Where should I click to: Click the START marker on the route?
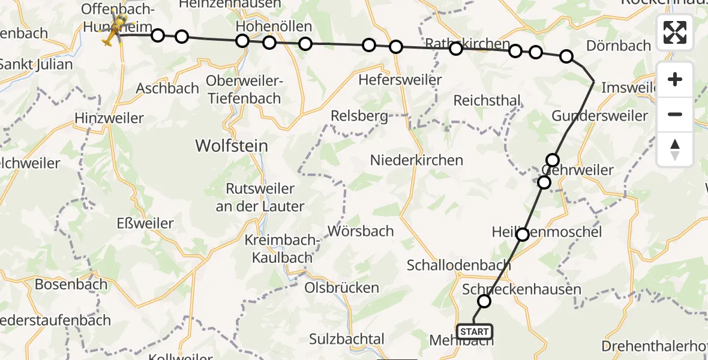pos(474,331)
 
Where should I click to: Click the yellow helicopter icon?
pos(110,35)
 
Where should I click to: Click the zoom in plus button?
pos(675,80)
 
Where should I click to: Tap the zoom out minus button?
pos(675,114)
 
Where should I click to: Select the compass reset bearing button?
pos(675,149)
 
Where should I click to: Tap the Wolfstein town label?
pos(232,145)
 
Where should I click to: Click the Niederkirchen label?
pos(416,160)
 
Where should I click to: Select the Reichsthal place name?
pos(487,100)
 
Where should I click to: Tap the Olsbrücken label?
pos(342,287)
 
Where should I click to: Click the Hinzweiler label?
pos(109,118)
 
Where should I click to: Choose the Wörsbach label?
pos(361,231)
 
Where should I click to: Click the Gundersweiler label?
pos(599,116)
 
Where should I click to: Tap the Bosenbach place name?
pos(71,284)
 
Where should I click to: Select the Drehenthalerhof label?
pos(654,346)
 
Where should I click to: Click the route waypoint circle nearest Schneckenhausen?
pos(484,301)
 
